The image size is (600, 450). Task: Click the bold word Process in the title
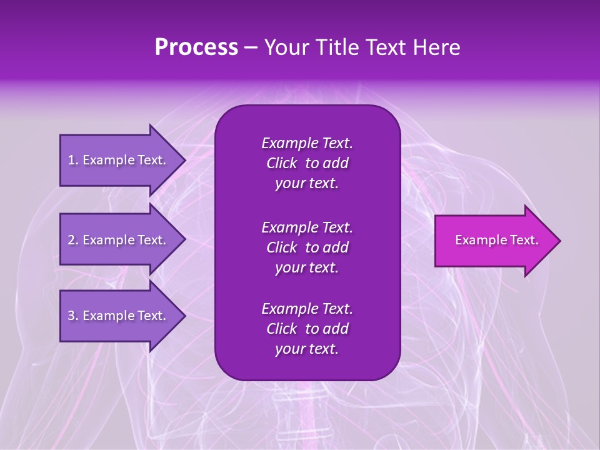pyautogui.click(x=196, y=47)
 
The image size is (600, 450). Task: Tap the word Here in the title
pyautogui.click(x=437, y=47)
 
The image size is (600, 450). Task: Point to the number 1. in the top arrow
pyautogui.click(x=73, y=160)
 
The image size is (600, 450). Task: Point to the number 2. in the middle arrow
pyautogui.click(x=73, y=240)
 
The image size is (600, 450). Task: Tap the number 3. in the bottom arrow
pyautogui.click(x=73, y=316)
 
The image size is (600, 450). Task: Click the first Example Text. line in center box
pyautogui.click(x=307, y=143)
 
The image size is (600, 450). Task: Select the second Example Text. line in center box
pyautogui.click(x=307, y=227)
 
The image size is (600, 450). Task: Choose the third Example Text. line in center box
pyautogui.click(x=307, y=309)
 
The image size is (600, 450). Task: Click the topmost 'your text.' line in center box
pyautogui.click(x=307, y=184)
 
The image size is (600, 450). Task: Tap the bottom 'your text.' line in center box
pyautogui.click(x=307, y=349)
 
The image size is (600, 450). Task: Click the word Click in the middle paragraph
pyautogui.click(x=282, y=247)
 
